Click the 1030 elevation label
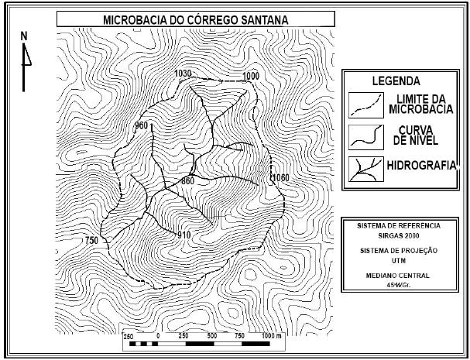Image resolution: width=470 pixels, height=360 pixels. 183,74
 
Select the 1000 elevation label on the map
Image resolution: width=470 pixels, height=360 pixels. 250,75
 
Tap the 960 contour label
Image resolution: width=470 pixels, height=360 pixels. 141,125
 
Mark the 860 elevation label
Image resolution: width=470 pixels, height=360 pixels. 187,180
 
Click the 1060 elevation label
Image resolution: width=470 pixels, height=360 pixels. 280,179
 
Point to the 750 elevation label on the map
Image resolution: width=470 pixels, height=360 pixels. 91,241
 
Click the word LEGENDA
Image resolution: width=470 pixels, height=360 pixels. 396,81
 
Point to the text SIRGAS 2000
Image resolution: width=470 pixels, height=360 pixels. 399,236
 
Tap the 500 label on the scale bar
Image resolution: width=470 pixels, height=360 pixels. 211,337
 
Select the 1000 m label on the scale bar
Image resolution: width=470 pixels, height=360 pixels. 270,337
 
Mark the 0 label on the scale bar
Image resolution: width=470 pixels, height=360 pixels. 157,337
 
